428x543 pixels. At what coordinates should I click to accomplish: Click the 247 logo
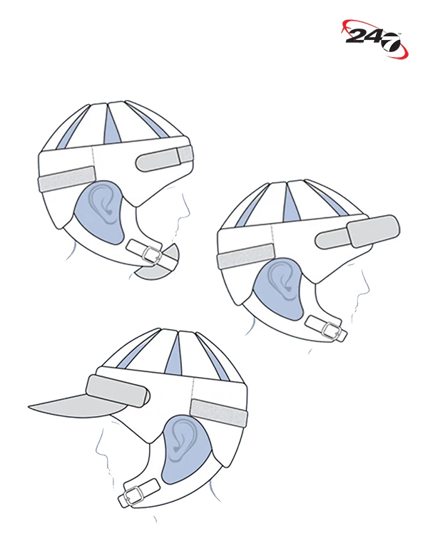point(374,37)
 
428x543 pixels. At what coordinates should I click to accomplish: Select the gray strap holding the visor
point(118,391)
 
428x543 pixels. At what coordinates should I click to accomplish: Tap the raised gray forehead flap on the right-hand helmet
point(373,231)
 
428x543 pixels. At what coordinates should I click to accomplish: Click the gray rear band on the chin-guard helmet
point(66,178)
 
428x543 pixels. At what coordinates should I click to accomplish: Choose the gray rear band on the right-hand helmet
point(245,256)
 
